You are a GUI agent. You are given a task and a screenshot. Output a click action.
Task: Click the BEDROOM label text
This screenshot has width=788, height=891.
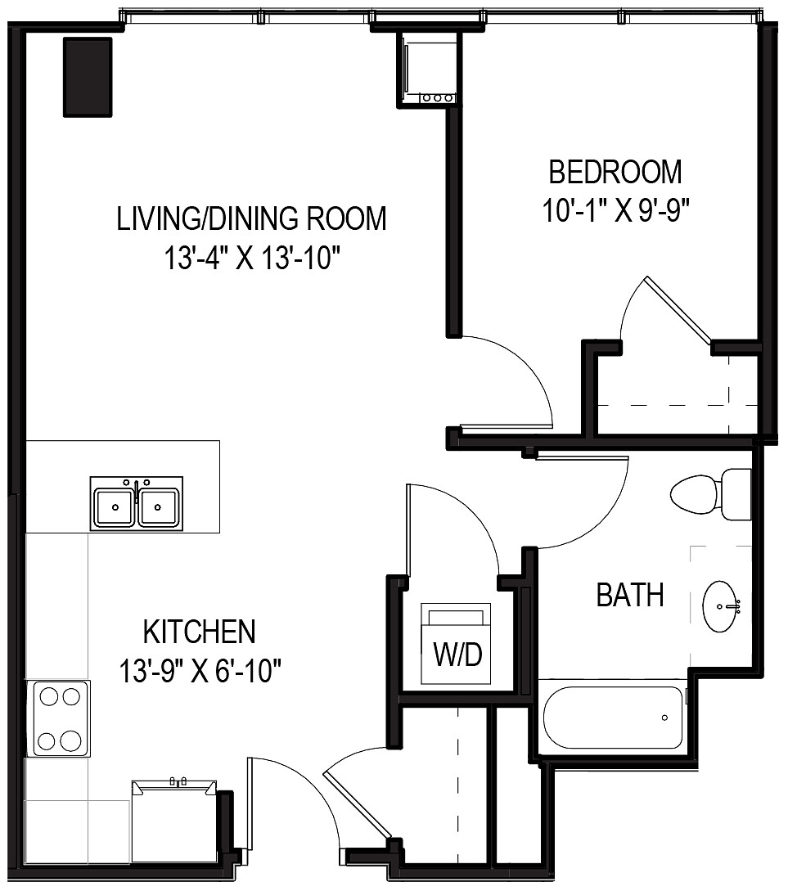coord(615,173)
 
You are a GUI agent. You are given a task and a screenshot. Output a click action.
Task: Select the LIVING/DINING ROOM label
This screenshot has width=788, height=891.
coord(251,219)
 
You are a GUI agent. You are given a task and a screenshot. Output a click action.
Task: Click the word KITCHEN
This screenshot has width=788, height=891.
coord(199,632)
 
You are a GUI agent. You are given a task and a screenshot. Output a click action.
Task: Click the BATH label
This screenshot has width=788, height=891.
coord(629,595)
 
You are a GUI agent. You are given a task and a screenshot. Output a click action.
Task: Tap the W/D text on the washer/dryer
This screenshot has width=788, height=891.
coord(457,655)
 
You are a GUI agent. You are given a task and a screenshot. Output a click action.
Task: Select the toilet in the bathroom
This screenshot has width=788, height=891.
coord(709,494)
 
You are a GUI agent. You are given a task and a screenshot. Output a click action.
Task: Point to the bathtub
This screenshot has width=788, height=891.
coord(613,718)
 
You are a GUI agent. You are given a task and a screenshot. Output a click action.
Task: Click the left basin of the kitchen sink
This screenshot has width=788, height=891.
coord(115,507)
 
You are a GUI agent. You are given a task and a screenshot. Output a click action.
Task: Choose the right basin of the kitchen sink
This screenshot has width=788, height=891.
coord(160,507)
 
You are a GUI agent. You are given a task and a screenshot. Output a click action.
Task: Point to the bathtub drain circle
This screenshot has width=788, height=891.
coord(664,718)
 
